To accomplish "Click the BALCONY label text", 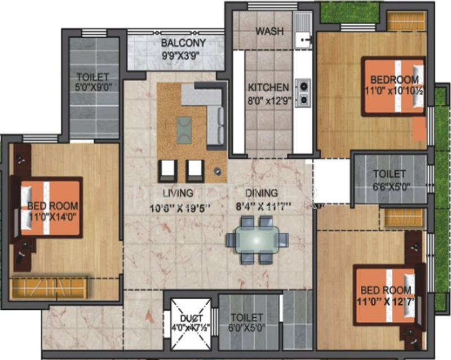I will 183,43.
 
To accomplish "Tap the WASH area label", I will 270,31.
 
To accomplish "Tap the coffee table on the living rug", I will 184,129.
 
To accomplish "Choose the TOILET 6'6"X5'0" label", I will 388,179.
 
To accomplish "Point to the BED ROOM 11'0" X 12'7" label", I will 386,296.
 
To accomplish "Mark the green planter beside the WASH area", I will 348,12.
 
